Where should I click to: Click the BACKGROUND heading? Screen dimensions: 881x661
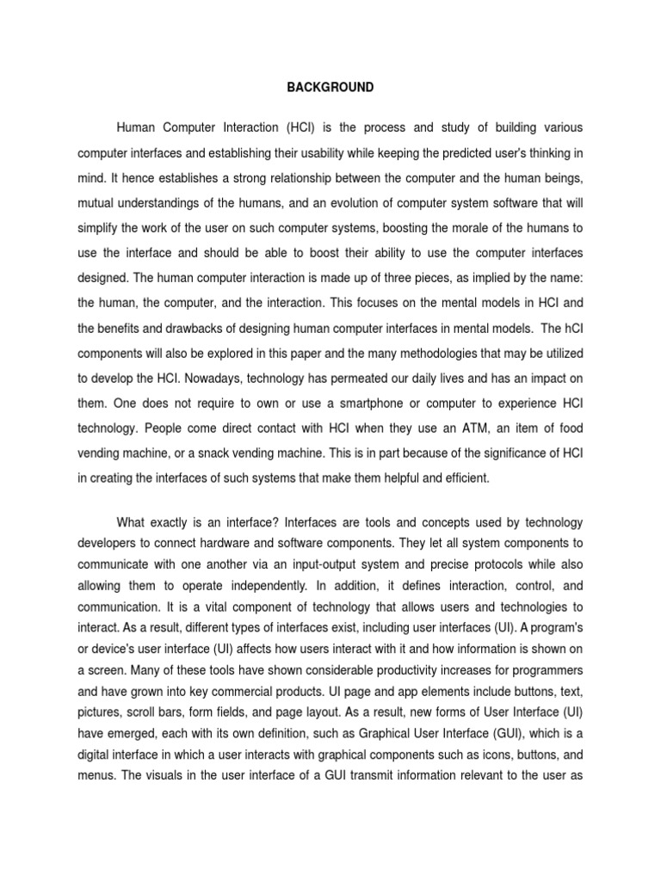click(x=330, y=87)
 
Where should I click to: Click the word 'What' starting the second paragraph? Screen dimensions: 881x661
click(x=135, y=523)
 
